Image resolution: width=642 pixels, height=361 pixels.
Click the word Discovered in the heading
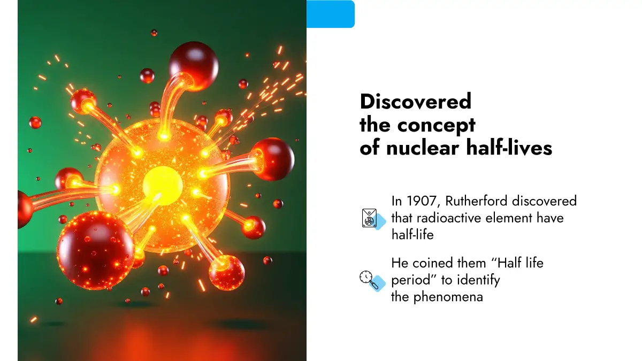pos(416,102)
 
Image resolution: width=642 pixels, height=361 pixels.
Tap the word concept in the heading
pos(437,126)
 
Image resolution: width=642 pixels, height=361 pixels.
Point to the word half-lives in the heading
pos(509,148)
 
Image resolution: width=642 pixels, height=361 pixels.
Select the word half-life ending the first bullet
pos(412,234)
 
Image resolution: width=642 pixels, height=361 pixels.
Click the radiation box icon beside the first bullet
pos(373,219)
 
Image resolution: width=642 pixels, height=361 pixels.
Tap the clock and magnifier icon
pos(372,280)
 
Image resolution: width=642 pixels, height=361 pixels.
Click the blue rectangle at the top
pos(331,14)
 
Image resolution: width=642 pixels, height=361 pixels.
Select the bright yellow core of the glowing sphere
pos(163,186)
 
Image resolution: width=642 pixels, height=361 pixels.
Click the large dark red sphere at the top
pos(194,65)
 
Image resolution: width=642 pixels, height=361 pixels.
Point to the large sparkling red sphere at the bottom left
pos(95,250)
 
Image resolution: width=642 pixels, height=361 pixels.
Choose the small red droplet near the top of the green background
pos(154,33)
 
